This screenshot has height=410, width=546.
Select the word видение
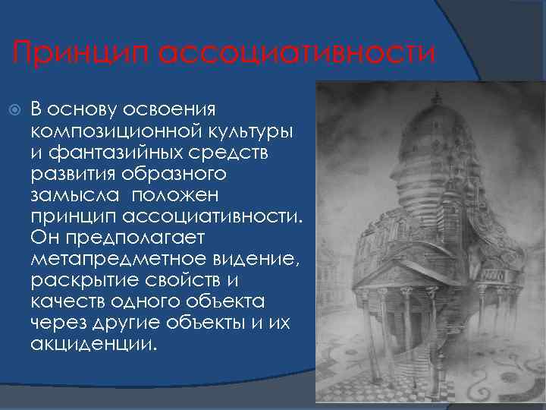(x=251, y=259)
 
